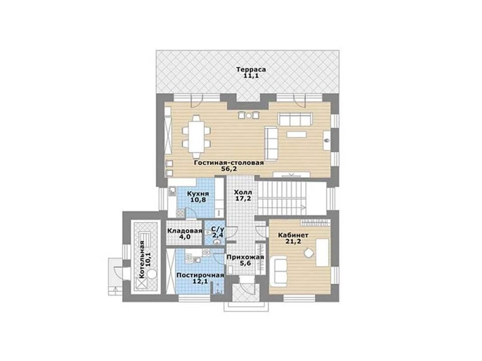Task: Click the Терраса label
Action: [251, 69]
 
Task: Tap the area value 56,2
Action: [229, 168]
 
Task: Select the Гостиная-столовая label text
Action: [229, 162]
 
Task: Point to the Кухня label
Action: [198, 194]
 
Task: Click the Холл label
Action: [243, 193]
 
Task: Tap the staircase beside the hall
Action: [281, 198]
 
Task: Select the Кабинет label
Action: [293, 235]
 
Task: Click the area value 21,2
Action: [293, 241]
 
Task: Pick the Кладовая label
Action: [184, 231]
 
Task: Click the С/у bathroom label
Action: [218, 229]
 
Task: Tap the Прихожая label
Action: [245, 257]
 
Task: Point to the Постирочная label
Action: [200, 275]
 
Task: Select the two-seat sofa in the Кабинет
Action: [280, 270]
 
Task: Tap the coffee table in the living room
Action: [296, 134]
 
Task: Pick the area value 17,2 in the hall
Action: [243, 199]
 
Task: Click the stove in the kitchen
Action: [180, 213]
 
